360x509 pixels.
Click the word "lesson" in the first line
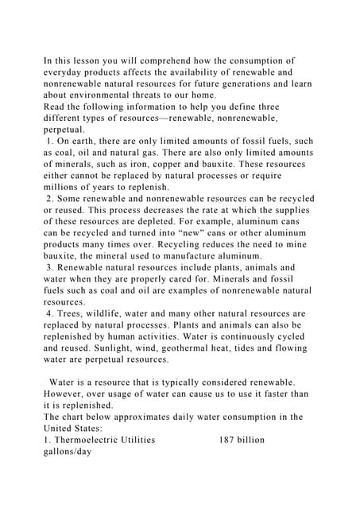[87, 60]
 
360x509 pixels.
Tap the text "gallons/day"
[68, 451]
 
